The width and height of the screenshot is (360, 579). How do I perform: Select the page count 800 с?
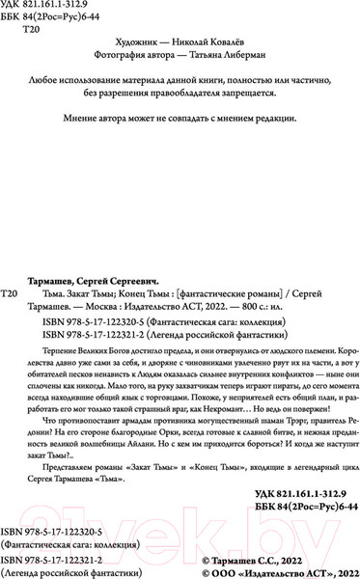(x=246, y=302)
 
